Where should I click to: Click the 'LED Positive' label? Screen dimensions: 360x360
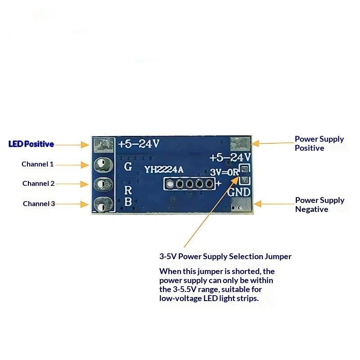[31, 144]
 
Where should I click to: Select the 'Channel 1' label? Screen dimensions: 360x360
[37, 164]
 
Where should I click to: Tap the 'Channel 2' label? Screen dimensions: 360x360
[38, 184]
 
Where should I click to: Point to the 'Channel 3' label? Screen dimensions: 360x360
[39, 204]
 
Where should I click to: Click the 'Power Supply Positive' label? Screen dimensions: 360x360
[319, 144]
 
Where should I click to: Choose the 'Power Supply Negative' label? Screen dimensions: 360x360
[319, 205]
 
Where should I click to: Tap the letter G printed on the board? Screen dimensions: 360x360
[128, 166]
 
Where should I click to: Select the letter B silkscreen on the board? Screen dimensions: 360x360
[128, 202]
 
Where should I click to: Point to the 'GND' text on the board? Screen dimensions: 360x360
[239, 192]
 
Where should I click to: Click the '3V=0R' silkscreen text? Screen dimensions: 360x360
[224, 171]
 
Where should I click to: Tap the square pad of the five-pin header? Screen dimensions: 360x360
[170, 184]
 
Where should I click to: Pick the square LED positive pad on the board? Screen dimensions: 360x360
[103, 144]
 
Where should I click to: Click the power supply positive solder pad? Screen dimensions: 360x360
[239, 144]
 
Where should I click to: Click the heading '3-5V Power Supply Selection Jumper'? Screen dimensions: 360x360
[225, 256]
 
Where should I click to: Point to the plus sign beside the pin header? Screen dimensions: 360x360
[219, 184]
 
